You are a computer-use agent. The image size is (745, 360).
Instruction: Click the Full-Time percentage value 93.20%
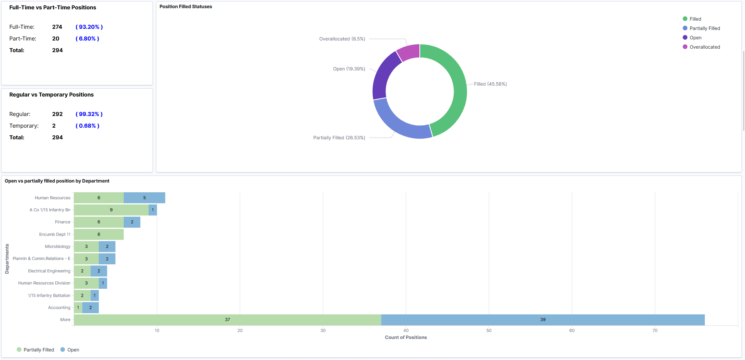(89, 27)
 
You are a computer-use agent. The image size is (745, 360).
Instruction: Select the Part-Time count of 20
(56, 39)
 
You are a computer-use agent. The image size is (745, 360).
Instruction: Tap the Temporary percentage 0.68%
(88, 126)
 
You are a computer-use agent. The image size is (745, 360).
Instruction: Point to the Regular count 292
(57, 114)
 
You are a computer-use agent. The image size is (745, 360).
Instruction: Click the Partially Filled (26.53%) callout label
(339, 138)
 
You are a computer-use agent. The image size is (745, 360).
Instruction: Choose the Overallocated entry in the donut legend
(704, 47)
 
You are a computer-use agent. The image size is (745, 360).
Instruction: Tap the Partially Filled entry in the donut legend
(704, 28)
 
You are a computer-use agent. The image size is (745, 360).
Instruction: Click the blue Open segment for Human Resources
(144, 198)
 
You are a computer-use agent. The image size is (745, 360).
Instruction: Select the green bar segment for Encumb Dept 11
(99, 234)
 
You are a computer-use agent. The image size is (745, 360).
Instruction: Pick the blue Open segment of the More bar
(543, 320)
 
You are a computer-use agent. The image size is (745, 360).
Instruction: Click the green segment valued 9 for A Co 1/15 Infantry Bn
(111, 210)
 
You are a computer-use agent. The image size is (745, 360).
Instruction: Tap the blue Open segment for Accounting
(91, 307)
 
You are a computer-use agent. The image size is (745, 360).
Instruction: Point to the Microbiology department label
(58, 246)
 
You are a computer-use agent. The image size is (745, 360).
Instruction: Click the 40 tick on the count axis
(406, 330)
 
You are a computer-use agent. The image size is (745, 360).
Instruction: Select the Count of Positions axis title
(406, 337)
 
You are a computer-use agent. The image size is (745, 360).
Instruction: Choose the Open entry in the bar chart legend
(73, 350)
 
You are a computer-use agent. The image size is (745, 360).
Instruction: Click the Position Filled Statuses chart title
(186, 7)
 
